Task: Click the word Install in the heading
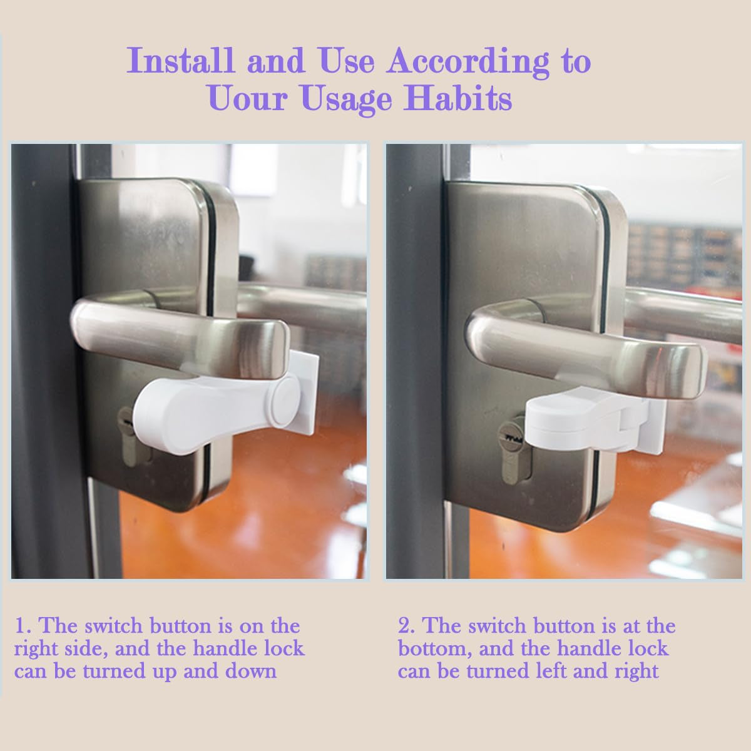tap(181, 61)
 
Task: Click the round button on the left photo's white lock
tap(286, 399)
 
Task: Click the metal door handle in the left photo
tap(181, 332)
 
